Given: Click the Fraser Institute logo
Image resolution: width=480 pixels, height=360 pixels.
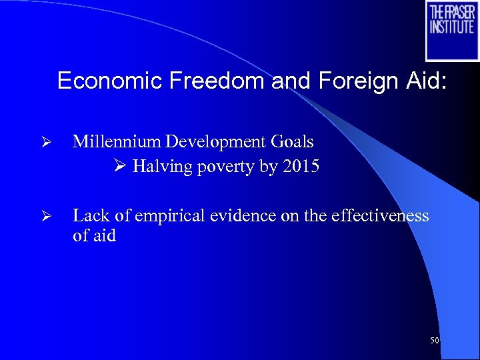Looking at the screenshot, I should [452, 31].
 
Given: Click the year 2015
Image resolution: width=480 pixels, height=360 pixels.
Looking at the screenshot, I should [301, 167].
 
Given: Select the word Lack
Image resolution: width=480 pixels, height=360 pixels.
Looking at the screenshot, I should [89, 215].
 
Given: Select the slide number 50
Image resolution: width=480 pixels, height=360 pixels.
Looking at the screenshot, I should [435, 341].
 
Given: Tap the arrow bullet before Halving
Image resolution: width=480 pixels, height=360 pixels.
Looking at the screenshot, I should [121, 167].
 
